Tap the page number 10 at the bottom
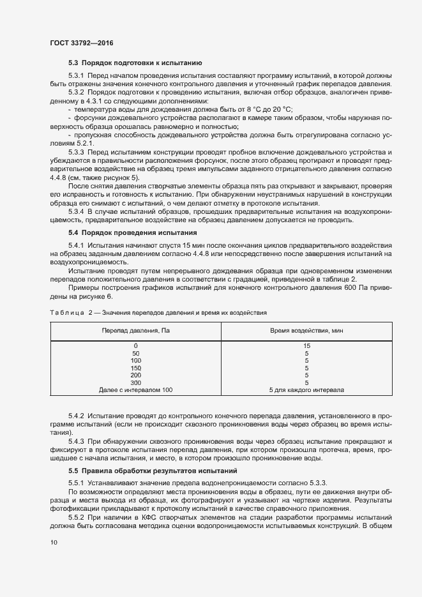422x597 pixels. (x=53, y=542)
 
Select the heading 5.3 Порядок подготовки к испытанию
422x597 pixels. (x=135, y=63)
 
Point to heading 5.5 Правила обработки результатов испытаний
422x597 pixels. (x=149, y=471)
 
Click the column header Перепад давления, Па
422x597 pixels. (x=135, y=330)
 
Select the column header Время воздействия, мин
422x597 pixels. (x=306, y=330)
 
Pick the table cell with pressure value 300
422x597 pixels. (x=135, y=382)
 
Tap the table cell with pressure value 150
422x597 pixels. (x=135, y=368)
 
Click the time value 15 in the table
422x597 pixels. (x=306, y=345)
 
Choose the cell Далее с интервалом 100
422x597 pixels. (x=135, y=389)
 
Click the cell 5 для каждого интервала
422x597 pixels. (x=306, y=389)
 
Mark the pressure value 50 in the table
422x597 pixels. (x=135, y=353)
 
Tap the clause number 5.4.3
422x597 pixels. (x=76, y=442)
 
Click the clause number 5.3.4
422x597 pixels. (x=76, y=211)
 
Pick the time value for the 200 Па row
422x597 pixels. (x=306, y=375)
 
